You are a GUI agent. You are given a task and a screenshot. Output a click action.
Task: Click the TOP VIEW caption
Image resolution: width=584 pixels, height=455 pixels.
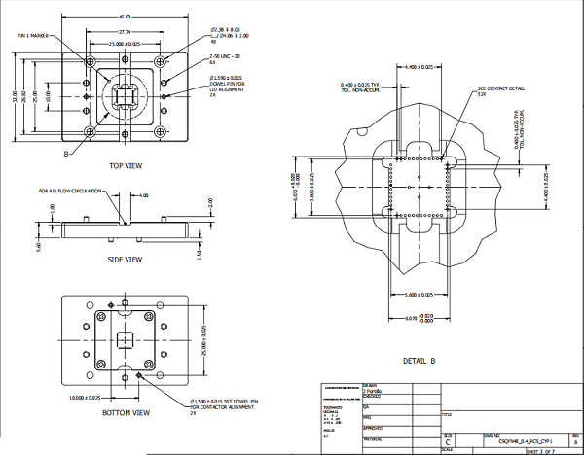pyautogui.click(x=127, y=165)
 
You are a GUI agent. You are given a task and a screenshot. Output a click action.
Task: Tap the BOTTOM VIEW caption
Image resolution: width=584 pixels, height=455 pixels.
pyautogui.click(x=127, y=413)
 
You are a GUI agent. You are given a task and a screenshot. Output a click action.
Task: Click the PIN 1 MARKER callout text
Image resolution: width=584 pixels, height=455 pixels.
pyautogui.click(x=33, y=35)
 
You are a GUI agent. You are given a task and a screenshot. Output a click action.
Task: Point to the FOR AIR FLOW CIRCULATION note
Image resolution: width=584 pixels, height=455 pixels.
pyautogui.click(x=69, y=192)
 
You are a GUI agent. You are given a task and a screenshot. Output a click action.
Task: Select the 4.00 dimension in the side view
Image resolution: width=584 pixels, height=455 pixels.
pyautogui.click(x=143, y=196)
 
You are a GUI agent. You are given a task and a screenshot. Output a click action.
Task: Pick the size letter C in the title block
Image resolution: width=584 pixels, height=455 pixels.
pyautogui.click(x=447, y=441)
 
